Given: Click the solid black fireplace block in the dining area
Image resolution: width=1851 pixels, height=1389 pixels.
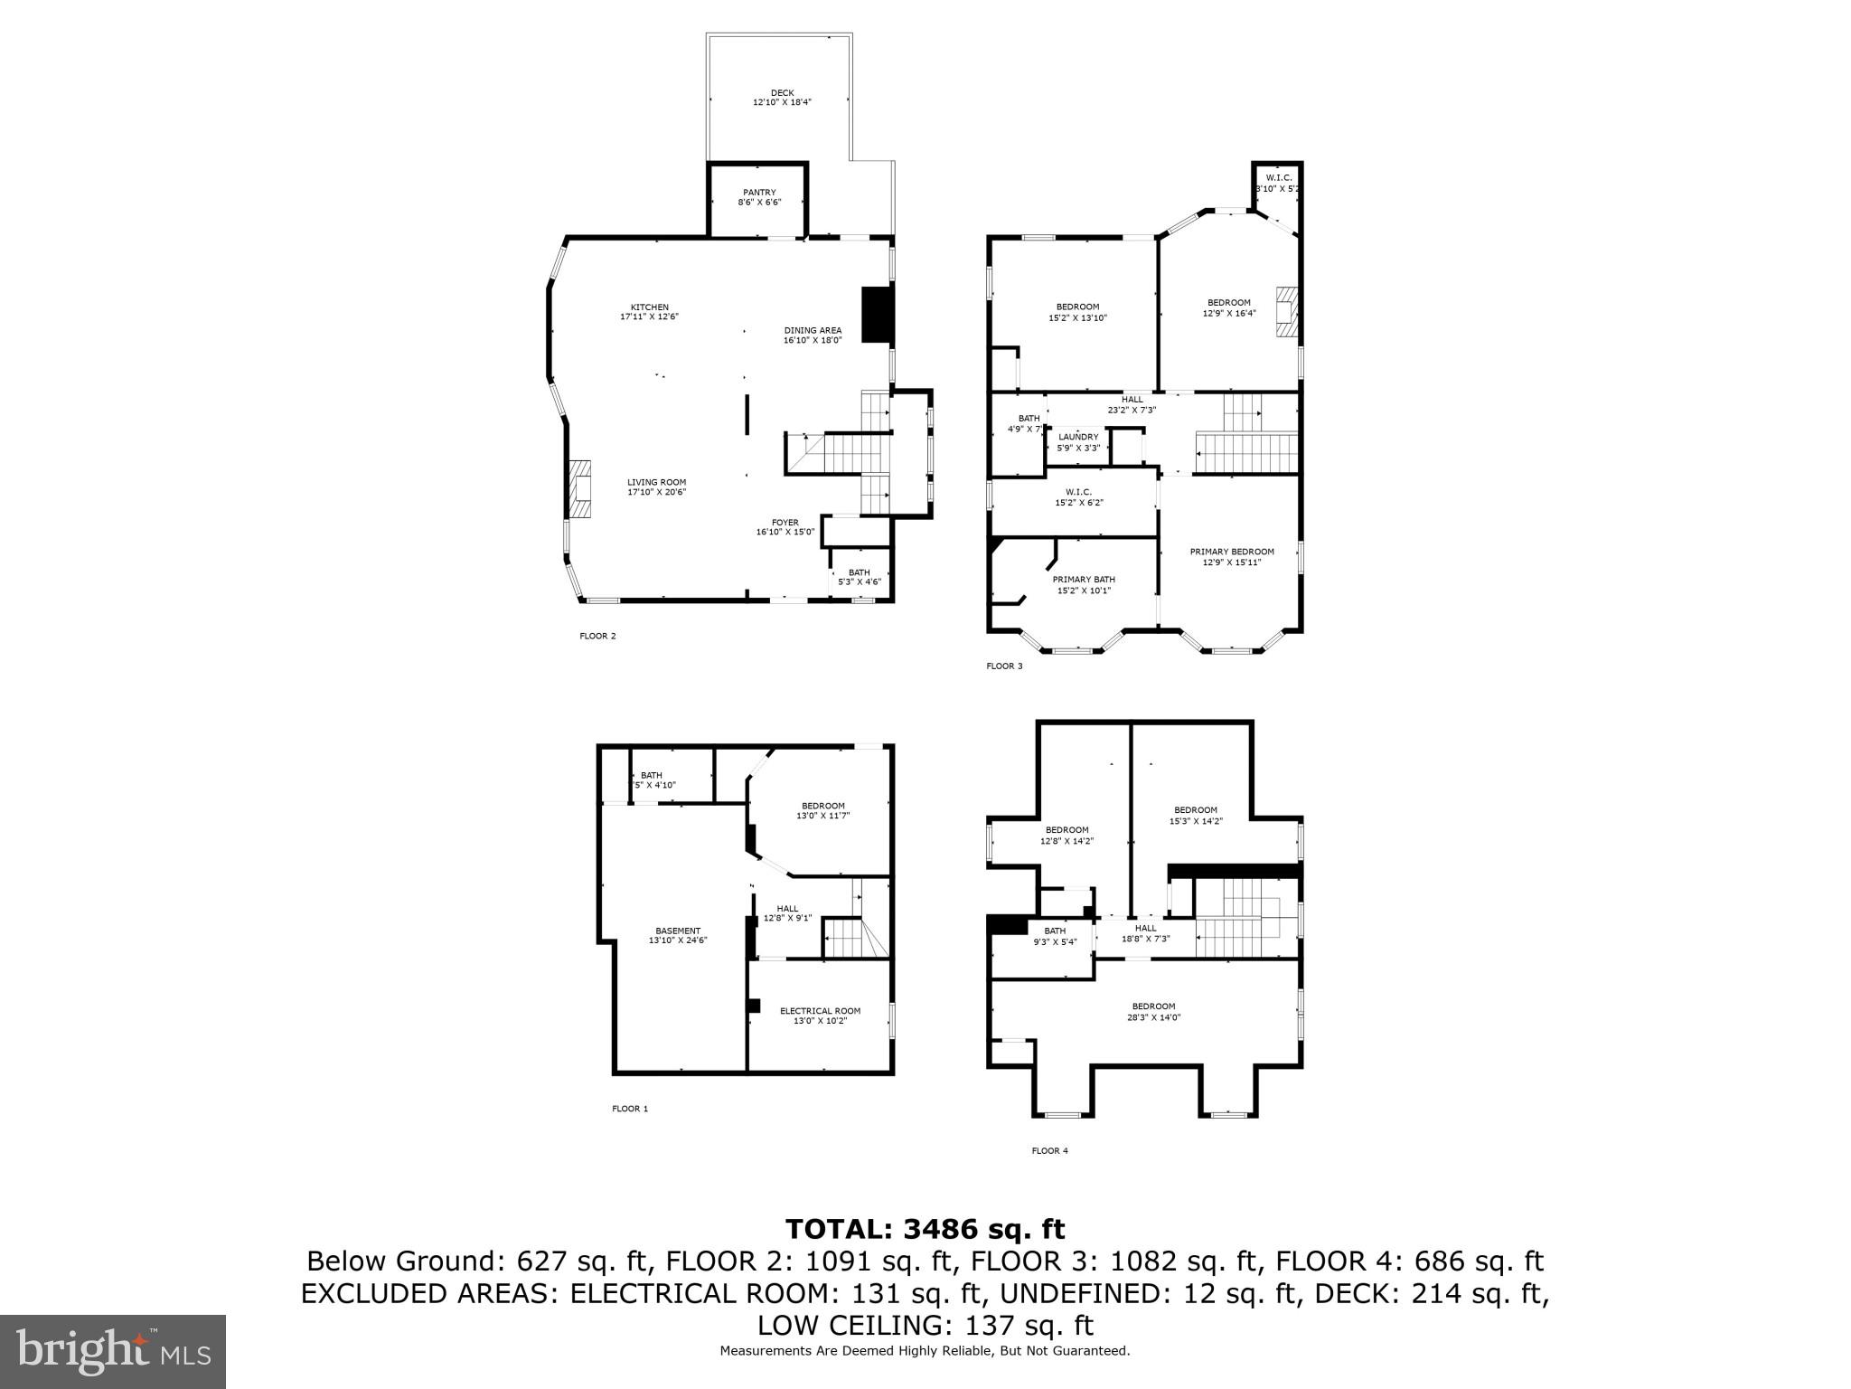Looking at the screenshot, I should coord(876,315).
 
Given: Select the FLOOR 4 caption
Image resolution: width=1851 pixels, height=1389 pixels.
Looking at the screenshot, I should coord(1049,1151).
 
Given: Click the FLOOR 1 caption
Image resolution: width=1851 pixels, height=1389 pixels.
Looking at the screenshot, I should coord(630,1109).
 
